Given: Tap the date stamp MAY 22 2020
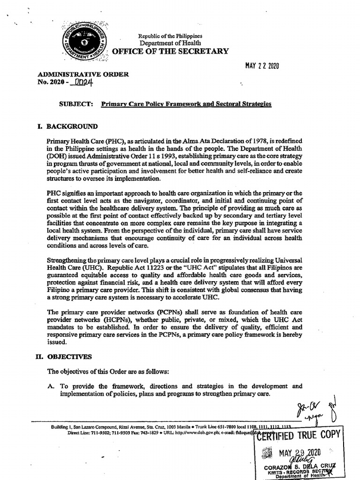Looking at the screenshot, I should [262, 66].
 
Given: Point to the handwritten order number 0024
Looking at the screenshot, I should [81, 82].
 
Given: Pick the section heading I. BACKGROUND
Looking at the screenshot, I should [67, 126].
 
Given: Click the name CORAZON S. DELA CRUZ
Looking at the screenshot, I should [300, 467].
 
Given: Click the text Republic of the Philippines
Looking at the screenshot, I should [170, 36].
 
